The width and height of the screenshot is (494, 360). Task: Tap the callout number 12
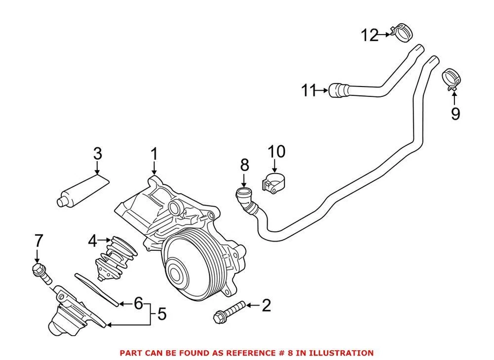coord(369,35)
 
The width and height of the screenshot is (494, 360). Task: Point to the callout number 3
coord(97,153)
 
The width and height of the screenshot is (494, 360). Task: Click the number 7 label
coord(39,240)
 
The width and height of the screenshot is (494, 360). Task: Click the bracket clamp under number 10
coord(274,184)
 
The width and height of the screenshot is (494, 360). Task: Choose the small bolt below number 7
coord(41,272)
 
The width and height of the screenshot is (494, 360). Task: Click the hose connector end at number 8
coord(242,196)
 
